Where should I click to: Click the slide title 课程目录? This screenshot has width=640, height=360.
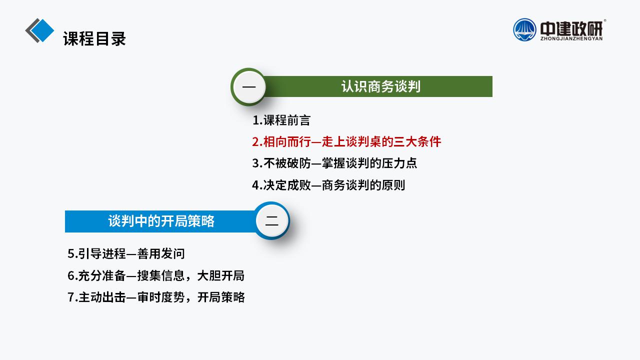(94, 38)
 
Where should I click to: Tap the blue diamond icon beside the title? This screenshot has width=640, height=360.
(42, 30)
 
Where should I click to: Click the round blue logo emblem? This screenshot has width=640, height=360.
(524, 29)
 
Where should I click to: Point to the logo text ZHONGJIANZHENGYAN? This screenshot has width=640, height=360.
(571, 38)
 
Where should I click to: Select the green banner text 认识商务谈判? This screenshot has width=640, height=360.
(381, 86)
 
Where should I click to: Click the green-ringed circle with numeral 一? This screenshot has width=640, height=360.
(248, 87)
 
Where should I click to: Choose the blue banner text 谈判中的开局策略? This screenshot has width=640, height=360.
(161, 221)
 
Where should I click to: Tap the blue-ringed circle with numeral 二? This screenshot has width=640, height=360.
(271, 220)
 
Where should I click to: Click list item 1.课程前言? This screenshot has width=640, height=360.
(281, 120)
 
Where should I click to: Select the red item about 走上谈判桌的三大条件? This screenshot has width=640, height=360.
(346, 141)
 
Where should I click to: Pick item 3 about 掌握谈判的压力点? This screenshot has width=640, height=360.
(334, 163)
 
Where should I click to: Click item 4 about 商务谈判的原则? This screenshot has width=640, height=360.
(328, 185)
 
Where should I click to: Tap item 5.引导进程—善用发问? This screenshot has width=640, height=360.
(126, 253)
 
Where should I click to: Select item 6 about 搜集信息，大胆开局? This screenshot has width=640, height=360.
(156, 275)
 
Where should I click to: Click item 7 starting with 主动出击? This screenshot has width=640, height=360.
(156, 297)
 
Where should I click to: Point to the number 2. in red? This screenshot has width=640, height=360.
(257, 142)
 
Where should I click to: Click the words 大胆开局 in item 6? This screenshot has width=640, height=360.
(221, 275)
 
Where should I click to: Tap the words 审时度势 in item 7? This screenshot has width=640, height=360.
(161, 297)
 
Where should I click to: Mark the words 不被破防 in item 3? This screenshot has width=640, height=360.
(287, 163)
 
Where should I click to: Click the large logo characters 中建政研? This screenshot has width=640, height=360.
(571, 28)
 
